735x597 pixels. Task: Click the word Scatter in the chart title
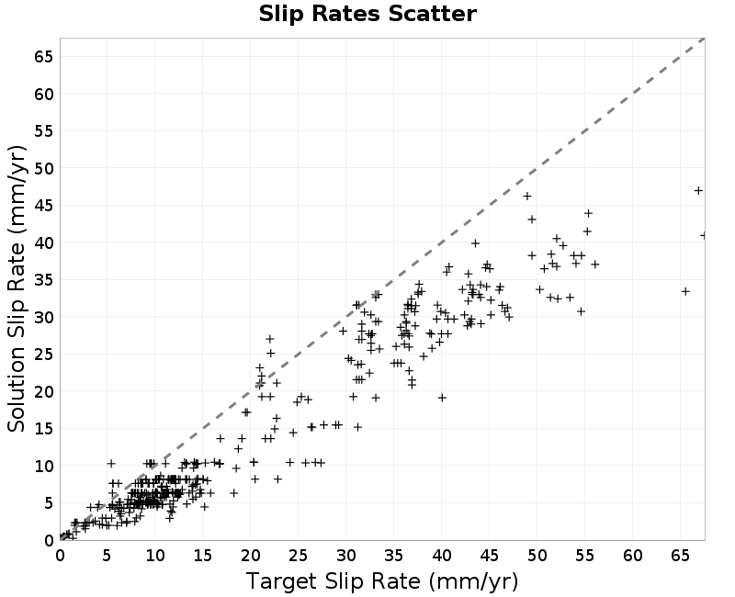[x=432, y=14]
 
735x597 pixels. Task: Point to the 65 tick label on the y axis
[x=44, y=57]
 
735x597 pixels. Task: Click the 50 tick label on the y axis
[x=44, y=168]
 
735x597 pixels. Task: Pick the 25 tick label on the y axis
[x=44, y=355]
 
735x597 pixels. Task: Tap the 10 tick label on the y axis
[x=44, y=466]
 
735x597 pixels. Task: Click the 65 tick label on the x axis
[x=680, y=556]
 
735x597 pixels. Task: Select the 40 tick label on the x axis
[x=442, y=556]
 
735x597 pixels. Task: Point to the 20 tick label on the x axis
[x=251, y=556]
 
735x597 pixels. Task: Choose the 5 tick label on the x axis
[x=107, y=556]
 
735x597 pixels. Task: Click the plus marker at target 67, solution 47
[x=698, y=191]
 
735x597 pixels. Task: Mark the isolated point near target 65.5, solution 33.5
[x=685, y=291]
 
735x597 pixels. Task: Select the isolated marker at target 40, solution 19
[x=442, y=398]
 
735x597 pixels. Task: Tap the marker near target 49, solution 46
[x=527, y=196]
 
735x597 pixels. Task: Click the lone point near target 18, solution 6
[x=234, y=493]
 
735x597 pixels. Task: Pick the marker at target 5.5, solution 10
[x=111, y=464]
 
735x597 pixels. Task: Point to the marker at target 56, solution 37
[x=595, y=265]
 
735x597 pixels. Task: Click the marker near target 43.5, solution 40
[x=475, y=243]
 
